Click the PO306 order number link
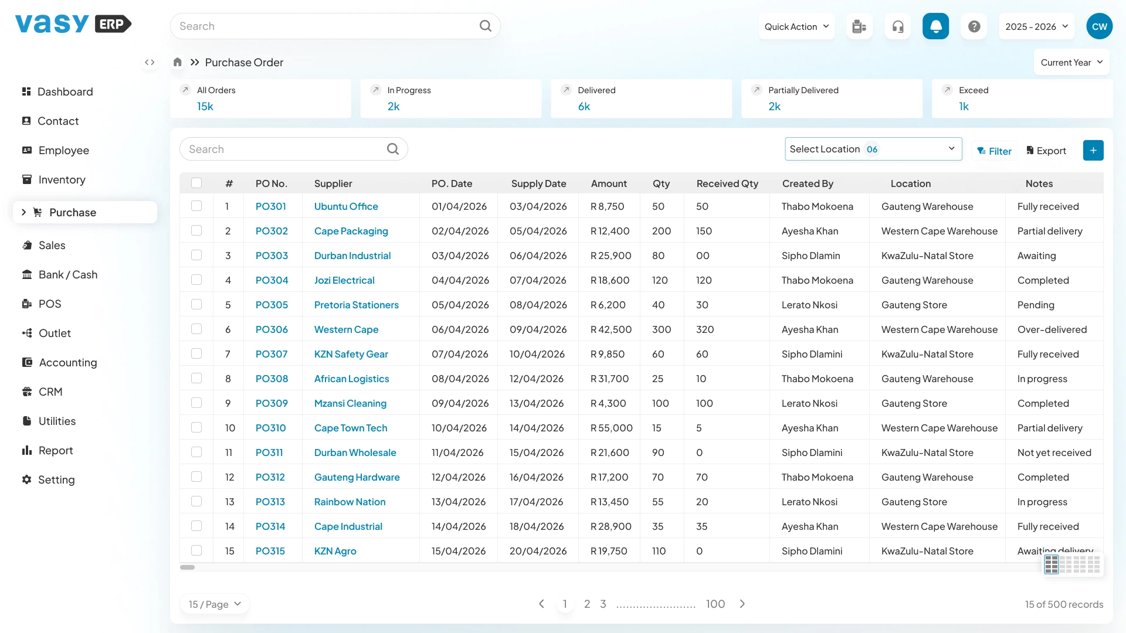(272, 329)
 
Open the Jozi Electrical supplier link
(344, 280)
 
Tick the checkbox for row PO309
(196, 403)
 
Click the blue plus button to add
(1093, 151)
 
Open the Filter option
(995, 151)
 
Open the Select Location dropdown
(873, 149)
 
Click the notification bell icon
(936, 26)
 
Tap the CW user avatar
(1100, 26)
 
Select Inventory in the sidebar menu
(62, 180)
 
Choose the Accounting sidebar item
(67, 363)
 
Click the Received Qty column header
(727, 183)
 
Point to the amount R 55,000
(612, 428)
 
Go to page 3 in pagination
(603, 604)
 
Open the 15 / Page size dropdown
(215, 604)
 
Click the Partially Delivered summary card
(832, 98)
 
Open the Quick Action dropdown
(796, 26)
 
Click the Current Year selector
(1071, 63)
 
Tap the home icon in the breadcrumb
(178, 62)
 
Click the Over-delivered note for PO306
(1052, 329)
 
